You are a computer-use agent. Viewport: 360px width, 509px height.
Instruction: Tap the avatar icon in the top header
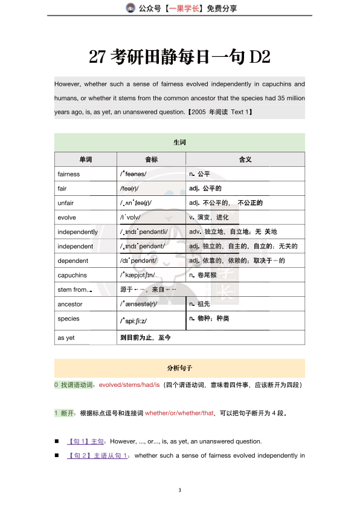(130, 8)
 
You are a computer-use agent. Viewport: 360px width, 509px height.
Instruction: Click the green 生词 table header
(179, 143)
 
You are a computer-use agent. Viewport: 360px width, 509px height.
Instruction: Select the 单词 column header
(85, 160)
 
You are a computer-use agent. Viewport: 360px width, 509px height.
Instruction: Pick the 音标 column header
(151, 160)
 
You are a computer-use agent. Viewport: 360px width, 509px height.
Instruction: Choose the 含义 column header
(245, 160)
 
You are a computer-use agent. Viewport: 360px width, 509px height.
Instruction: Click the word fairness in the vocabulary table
(69, 174)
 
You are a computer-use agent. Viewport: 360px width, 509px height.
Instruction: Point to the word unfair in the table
(66, 203)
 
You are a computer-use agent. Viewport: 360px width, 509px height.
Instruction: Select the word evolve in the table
(66, 218)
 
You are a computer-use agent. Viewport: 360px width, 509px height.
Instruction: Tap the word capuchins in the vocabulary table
(72, 275)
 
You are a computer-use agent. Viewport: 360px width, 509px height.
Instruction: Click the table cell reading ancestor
(70, 304)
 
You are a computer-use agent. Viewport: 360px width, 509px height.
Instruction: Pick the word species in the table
(68, 319)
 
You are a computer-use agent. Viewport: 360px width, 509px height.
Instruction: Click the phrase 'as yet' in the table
(66, 338)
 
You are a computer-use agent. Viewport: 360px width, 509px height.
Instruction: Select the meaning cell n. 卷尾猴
(208, 275)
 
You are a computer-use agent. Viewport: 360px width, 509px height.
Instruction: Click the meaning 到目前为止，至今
(146, 338)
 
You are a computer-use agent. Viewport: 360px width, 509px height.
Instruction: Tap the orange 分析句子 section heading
(179, 368)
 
